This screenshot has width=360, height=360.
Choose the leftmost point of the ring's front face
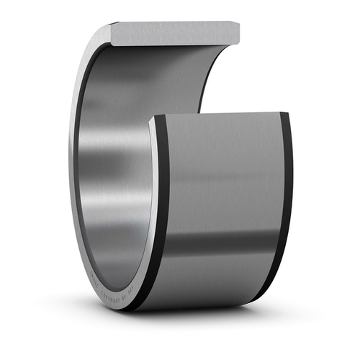click(x=73, y=173)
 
